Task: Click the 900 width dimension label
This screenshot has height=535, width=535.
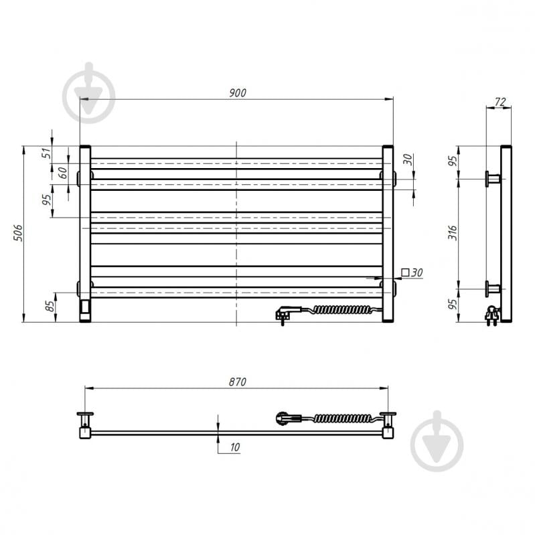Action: coord(238,93)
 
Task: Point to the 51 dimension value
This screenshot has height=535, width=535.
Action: coord(47,153)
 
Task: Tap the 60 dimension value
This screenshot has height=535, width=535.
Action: coord(63,173)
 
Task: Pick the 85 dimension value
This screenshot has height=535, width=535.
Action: coord(50,306)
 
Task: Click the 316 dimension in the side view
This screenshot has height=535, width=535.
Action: coord(453,233)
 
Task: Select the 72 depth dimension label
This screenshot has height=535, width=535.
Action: coord(500,102)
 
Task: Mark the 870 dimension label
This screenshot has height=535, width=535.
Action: coord(238,382)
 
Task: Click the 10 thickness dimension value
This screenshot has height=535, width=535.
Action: coord(235,447)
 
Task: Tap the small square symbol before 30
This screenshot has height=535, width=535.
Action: coord(405,273)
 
